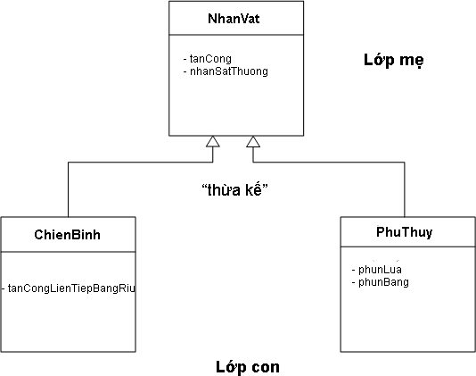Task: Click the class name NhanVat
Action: tap(234, 19)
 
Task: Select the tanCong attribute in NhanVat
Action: tap(208, 59)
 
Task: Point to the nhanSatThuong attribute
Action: tap(226, 71)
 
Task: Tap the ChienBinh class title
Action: tap(68, 235)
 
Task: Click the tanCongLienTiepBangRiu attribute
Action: tap(69, 288)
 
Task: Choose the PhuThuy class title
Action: tap(405, 232)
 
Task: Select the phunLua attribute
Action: tap(377, 270)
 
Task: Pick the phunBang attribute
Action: tap(381, 282)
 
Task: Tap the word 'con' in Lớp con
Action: tap(265, 367)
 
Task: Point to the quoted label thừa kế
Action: tap(234, 190)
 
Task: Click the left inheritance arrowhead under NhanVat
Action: tap(213, 141)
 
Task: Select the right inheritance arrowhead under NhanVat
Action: tap(253, 141)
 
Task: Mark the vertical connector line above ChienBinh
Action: tap(69, 189)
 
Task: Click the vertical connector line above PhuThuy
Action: tap(405, 189)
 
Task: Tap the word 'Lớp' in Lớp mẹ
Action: tap(379, 60)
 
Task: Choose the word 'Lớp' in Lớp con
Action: tap(231, 367)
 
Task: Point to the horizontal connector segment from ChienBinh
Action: tap(141, 163)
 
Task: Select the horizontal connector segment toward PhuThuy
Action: tap(329, 163)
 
